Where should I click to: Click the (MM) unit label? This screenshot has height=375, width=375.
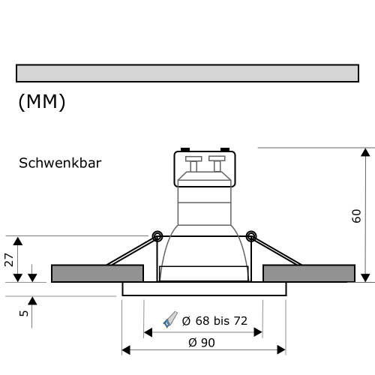[42, 102]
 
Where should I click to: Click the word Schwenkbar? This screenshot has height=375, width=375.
[60, 163]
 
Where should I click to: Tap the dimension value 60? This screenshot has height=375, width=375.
[356, 215]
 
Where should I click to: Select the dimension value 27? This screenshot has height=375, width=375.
[10, 259]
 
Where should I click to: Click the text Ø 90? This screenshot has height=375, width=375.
[202, 342]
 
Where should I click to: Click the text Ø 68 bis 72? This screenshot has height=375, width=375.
[215, 321]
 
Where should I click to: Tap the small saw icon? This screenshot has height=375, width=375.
[170, 321]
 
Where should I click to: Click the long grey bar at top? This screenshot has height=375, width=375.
[187, 73]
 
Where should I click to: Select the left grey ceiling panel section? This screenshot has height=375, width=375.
[97, 273]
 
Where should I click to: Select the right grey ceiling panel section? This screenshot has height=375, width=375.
[309, 273]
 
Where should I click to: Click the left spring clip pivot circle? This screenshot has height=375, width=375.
[157, 236]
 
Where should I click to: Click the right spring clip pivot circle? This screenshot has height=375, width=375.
[251, 236]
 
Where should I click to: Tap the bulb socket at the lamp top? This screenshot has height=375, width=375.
[205, 169]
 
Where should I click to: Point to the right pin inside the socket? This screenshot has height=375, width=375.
[217, 163]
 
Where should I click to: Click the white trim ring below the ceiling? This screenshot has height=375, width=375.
[204, 289]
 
